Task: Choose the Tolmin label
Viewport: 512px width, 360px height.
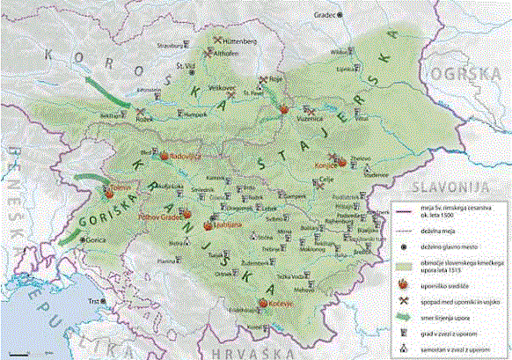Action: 116,187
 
